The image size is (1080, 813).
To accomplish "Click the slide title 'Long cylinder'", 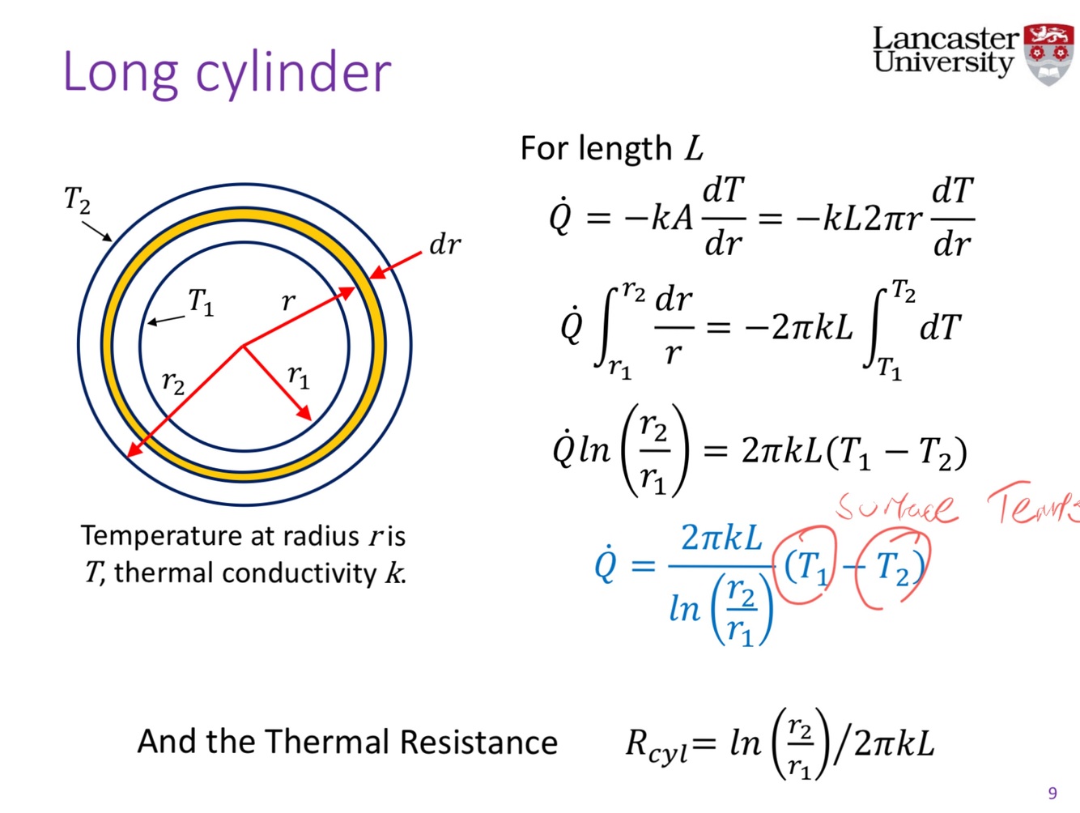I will (x=227, y=73).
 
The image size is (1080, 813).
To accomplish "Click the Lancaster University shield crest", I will (x=1048, y=53).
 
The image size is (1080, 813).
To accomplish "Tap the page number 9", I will (x=1052, y=793).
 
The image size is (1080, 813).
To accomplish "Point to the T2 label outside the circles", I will (x=77, y=199).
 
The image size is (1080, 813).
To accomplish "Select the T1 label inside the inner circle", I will (x=201, y=302).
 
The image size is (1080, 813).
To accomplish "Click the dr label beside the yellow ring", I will (x=444, y=245).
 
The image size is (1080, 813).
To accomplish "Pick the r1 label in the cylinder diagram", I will (x=299, y=376).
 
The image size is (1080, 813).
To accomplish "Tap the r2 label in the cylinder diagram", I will (x=173, y=381).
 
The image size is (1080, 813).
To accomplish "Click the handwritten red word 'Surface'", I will (x=896, y=507).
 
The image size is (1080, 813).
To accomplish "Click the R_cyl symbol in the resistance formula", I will (x=656, y=744).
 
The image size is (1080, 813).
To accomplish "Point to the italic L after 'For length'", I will (x=694, y=149).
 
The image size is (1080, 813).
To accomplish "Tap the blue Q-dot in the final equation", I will (x=606, y=564).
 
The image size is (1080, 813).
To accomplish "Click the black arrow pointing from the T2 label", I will (x=98, y=230).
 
